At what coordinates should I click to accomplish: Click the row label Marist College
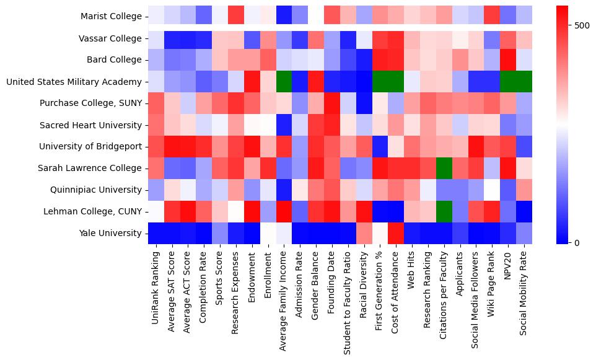click(x=111, y=17)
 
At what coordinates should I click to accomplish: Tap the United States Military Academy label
click(x=74, y=82)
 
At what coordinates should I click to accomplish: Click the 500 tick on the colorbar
click(x=582, y=25)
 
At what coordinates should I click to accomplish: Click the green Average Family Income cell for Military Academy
click(x=284, y=82)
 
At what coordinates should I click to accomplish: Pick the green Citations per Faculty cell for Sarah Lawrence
click(x=444, y=169)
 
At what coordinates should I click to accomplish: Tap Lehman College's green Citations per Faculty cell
click(x=444, y=212)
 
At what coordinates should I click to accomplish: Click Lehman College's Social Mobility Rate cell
click(x=524, y=212)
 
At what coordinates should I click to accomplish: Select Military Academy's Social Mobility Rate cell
click(x=524, y=82)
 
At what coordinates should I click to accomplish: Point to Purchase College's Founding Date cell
click(x=332, y=103)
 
